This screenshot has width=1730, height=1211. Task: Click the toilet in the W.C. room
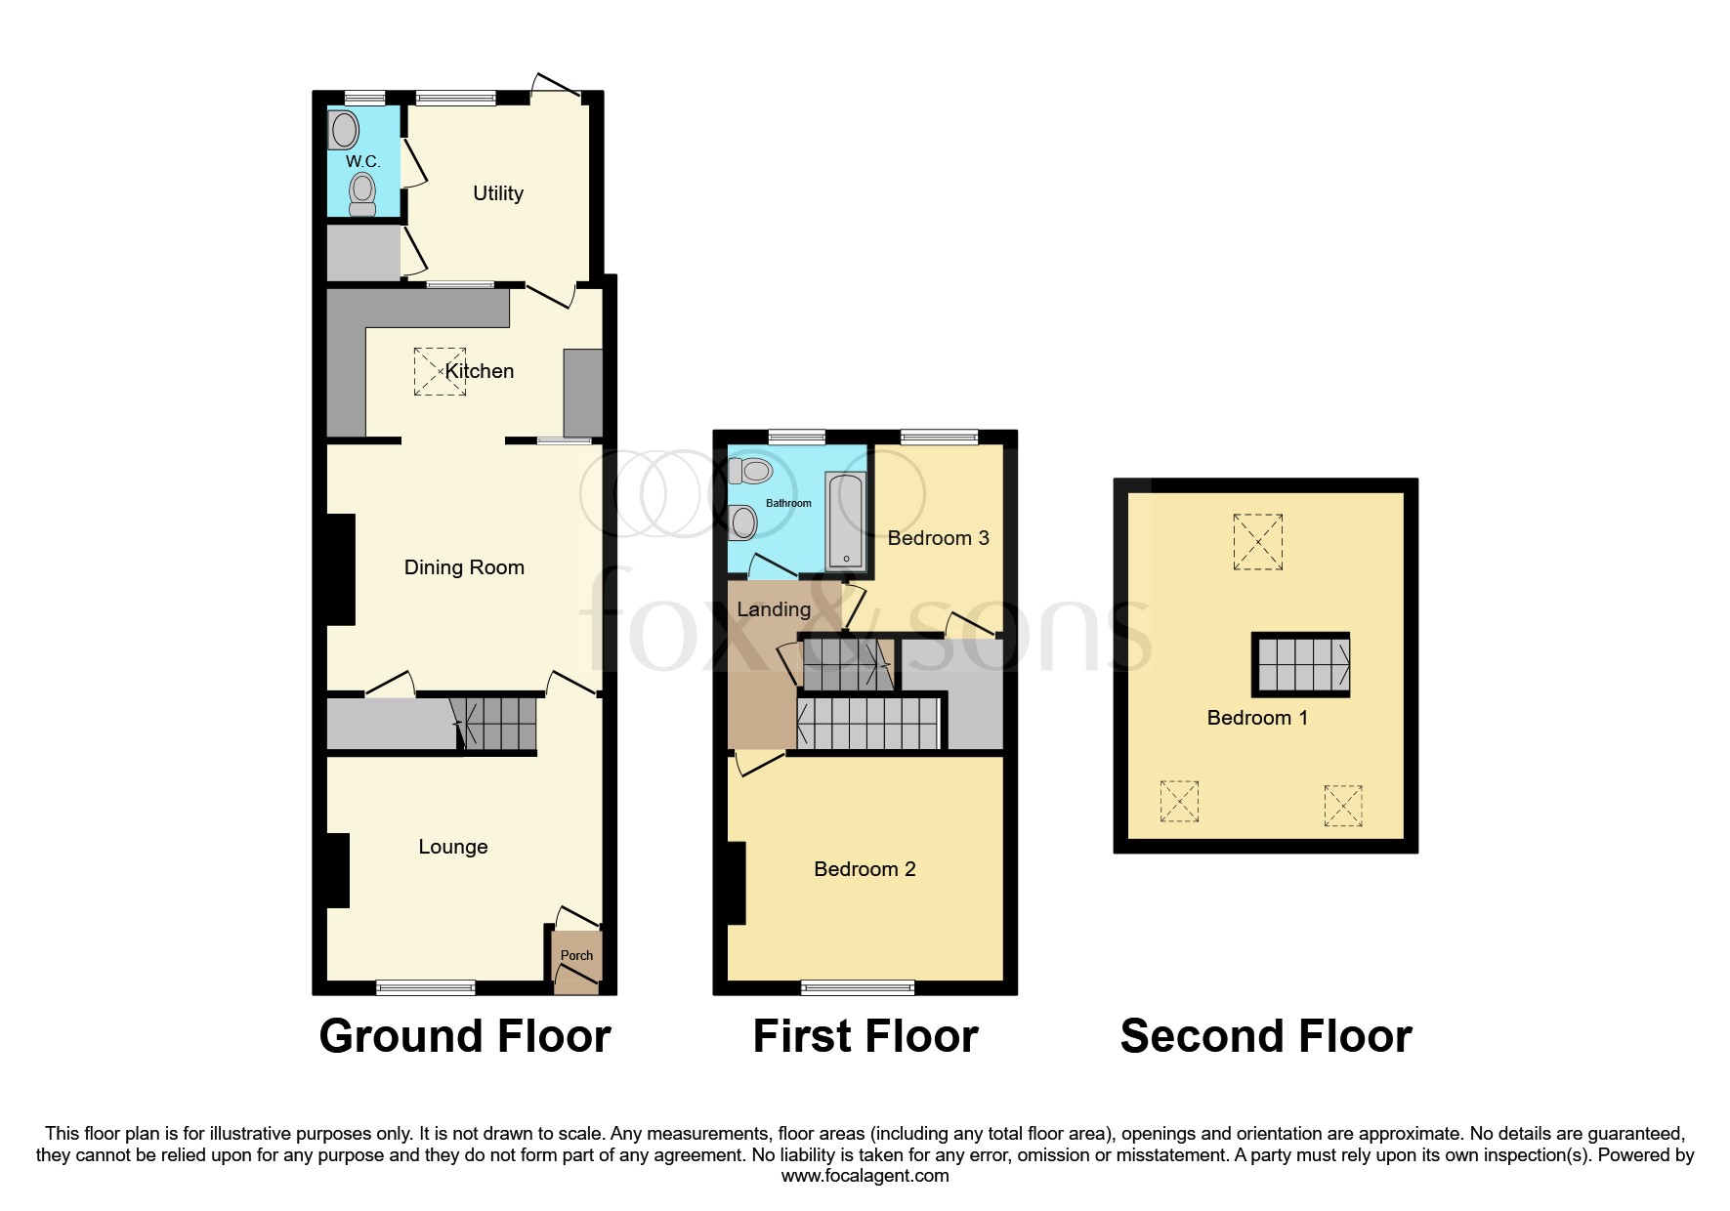point(362,193)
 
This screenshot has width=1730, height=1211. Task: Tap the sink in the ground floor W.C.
point(344,130)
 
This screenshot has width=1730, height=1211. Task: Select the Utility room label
point(498,193)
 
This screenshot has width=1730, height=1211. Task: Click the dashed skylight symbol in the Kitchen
point(440,371)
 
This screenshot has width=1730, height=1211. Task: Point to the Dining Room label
point(464,567)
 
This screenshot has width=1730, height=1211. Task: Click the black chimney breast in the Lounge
point(338,870)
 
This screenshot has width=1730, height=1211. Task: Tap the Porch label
point(576,955)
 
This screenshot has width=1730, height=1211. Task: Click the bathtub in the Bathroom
point(845,521)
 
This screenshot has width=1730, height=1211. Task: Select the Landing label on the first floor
point(774,609)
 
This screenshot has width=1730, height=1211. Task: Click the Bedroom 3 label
point(938,538)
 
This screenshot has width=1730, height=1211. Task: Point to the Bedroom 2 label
point(865,869)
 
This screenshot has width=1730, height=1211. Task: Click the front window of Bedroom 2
point(858,987)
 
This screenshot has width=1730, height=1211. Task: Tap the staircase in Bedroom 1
point(1302,664)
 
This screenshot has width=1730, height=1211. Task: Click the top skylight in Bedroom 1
point(1257,542)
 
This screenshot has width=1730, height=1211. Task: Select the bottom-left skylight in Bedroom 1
point(1179,801)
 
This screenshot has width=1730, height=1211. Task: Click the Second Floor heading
point(1265,1036)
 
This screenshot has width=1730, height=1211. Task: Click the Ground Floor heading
point(465,1036)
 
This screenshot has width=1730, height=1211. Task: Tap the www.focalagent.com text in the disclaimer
point(865,1176)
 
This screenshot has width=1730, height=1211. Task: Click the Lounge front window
point(426,987)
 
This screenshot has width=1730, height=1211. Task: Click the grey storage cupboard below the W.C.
point(362,252)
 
